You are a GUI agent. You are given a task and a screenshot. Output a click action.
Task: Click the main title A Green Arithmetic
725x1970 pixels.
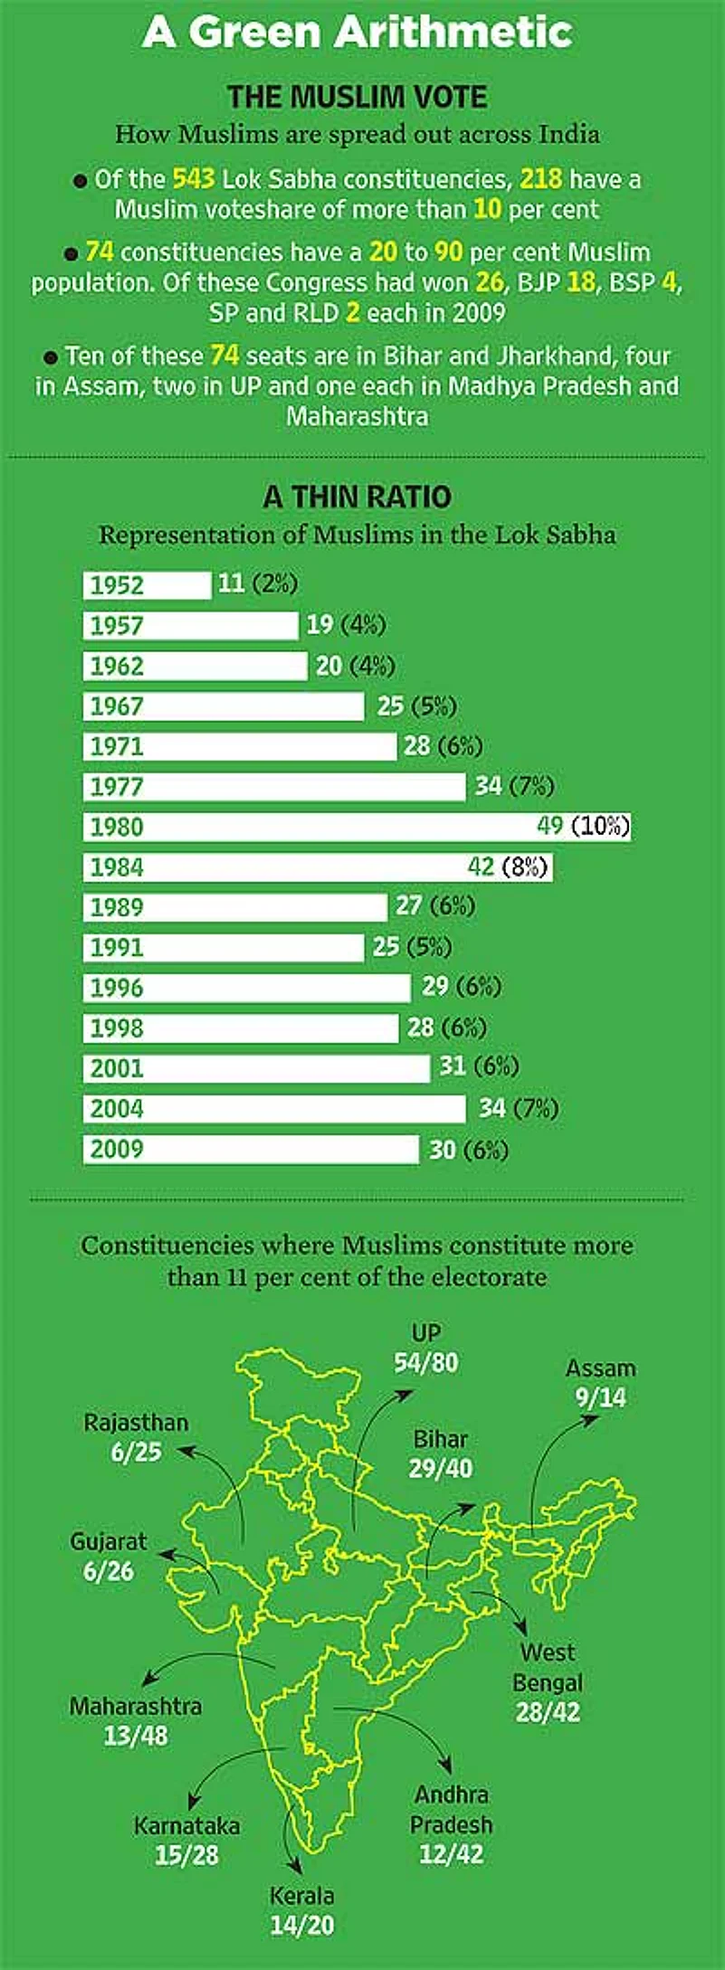[x=358, y=33]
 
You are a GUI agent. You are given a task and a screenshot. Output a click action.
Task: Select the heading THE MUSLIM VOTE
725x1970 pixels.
[x=358, y=97]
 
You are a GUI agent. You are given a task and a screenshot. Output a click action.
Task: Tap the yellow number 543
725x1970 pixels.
[x=193, y=179]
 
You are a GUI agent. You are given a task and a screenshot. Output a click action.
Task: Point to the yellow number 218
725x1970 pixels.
[x=540, y=179]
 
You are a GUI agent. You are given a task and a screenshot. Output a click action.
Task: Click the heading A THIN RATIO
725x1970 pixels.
[x=358, y=497]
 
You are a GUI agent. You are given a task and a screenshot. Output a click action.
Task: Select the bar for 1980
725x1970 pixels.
[x=357, y=827]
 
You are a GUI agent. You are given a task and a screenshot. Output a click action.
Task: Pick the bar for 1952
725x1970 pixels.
[x=147, y=585]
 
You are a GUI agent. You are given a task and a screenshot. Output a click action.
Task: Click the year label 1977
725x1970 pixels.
[x=117, y=787]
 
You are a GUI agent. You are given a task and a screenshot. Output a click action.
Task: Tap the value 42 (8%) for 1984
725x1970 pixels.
[x=508, y=867]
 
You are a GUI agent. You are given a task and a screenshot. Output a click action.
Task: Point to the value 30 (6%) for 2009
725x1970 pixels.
[x=468, y=1150]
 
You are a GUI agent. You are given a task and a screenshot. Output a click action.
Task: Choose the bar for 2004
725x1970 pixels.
[x=274, y=1109]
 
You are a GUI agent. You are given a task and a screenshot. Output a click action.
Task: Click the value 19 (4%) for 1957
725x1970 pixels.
[x=346, y=625]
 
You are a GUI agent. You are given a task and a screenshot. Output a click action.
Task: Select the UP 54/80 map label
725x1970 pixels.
[x=426, y=1348]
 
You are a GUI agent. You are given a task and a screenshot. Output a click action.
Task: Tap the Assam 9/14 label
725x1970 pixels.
[x=601, y=1383]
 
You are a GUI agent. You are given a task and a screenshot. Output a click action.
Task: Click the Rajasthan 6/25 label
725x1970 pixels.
[x=137, y=1437]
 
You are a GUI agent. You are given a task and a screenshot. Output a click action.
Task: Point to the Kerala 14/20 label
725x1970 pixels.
[x=302, y=1910]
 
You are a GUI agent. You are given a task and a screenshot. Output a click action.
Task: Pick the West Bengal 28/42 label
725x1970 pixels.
[x=548, y=1682]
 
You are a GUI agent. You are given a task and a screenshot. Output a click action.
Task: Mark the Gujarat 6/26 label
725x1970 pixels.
[x=109, y=1557]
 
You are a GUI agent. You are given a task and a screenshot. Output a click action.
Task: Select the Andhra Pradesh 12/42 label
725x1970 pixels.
[x=452, y=1823]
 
